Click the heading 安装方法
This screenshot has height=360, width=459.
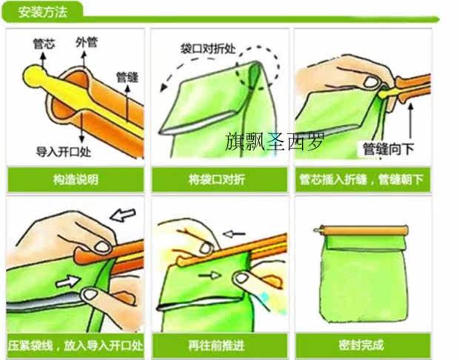(43, 12)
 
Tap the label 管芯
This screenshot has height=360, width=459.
(44, 44)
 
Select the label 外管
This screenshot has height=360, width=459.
(87, 42)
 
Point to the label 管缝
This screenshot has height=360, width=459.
(127, 77)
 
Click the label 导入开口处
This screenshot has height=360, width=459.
(64, 152)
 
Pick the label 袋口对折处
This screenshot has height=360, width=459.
(208, 49)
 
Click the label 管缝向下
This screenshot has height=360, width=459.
(389, 148)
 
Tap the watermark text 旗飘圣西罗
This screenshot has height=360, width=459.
(275, 141)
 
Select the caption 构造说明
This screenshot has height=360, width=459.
(76, 179)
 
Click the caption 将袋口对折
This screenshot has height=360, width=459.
(217, 179)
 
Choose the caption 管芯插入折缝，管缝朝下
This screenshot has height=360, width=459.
(361, 179)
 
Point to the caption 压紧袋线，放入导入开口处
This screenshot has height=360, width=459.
(76, 346)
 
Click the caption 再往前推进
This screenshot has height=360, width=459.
(216, 346)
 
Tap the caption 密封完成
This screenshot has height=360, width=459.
(361, 345)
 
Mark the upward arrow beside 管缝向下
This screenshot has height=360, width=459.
(410, 121)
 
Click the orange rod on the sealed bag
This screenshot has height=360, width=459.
(361, 230)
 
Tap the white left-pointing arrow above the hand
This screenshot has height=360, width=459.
(123, 216)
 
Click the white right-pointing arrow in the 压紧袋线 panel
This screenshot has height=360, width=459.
(68, 281)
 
